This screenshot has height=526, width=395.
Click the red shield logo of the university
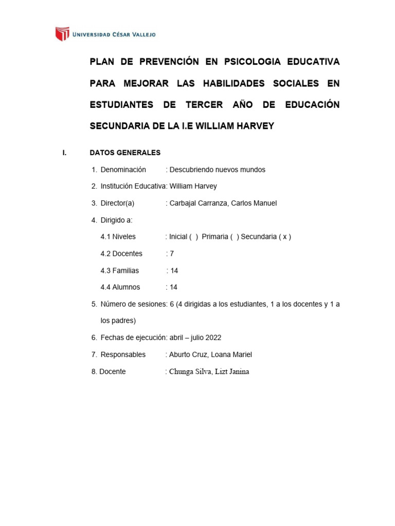pos(62,34)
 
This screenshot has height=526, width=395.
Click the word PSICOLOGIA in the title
pos(251,62)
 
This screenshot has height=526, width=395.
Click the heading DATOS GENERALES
pos(125,153)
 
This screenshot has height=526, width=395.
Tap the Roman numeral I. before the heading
pos(65,153)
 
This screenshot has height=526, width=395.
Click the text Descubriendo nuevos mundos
pos(217,170)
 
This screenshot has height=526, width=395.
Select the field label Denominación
pos(123,170)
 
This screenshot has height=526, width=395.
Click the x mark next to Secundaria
pos(283,237)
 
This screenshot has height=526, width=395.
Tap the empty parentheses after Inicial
pos(193,237)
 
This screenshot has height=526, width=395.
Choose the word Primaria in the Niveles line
pos(215,237)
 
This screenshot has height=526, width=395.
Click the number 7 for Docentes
pos(172,254)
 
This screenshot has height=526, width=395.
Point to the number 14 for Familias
pos(174,271)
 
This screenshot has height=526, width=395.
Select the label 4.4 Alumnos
pos(120,287)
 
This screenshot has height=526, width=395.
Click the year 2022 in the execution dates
pos(212,337)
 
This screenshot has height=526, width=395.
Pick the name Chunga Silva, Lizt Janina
pos(209,371)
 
